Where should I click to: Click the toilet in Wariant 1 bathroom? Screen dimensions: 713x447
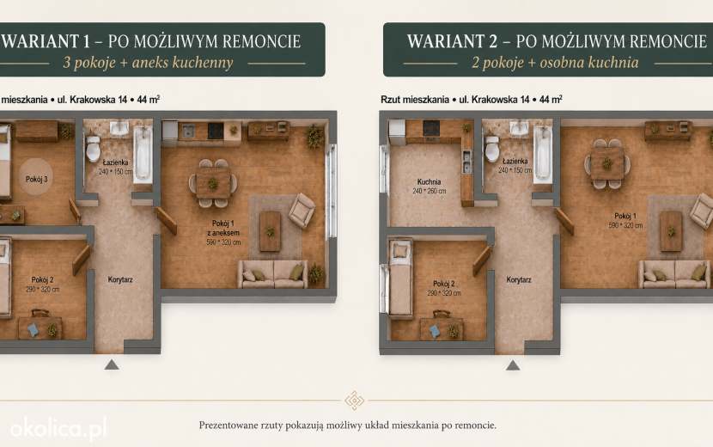[94, 149]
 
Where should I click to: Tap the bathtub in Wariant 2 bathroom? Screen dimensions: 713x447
[542, 155]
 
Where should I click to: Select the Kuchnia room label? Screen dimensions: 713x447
[429, 181]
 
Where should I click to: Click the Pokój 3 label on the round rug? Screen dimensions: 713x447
[36, 180]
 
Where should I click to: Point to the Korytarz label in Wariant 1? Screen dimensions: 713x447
[120, 279]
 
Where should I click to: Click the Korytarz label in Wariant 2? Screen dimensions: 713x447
[518, 280]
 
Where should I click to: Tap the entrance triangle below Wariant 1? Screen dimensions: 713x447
[112, 364]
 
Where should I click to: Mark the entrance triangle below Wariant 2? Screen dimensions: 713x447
[513, 365]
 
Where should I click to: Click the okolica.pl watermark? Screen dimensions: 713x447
[58, 429]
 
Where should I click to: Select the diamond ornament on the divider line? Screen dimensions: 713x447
[354, 401]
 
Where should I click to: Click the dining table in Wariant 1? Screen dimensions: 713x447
[213, 183]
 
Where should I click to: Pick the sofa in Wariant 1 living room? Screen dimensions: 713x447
[272, 274]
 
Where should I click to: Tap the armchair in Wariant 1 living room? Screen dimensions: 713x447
[301, 211]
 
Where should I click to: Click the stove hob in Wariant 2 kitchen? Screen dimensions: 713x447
[430, 128]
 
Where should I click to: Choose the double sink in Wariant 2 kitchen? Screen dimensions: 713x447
[467, 161]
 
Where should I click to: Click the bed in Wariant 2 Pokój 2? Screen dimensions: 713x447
[400, 278]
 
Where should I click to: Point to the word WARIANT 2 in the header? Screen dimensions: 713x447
[453, 41]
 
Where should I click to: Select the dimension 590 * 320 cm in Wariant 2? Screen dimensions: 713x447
[625, 225]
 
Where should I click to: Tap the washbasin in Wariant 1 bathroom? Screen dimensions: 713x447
[119, 128]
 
